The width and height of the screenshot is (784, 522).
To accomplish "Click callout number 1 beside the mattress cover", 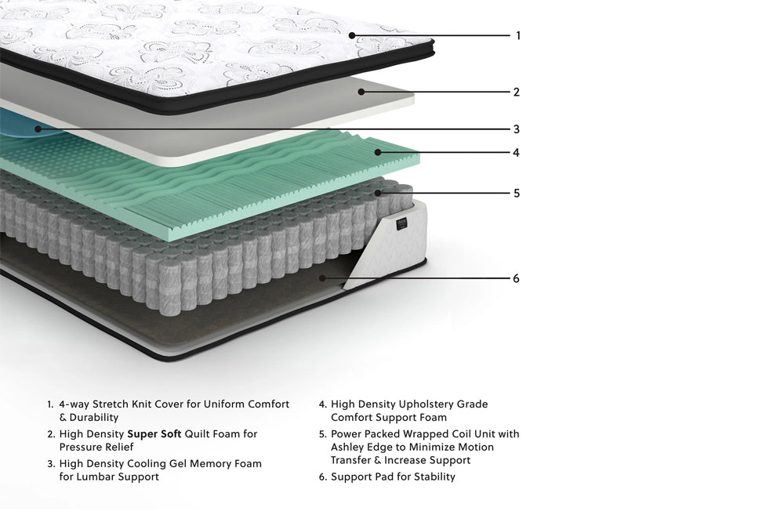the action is pos(518,35).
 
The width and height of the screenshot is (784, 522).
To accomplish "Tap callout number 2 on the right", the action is pos(517,92).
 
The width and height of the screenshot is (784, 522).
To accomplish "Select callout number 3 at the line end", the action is pos(517,129).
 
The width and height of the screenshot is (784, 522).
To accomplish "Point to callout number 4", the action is pos(517,153).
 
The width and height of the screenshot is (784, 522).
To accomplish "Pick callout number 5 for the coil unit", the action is pos(517,193).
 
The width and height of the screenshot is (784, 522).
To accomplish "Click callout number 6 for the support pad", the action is pos(517,278).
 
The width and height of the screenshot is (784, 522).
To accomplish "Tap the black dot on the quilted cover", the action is pos(352,35).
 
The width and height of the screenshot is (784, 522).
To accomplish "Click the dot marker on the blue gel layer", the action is pos(38,129).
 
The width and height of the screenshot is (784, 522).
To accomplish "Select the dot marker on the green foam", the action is pos(378,153).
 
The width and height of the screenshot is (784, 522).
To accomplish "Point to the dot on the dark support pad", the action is pos(322,278).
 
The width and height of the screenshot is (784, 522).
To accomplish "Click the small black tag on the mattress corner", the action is pos(401,223).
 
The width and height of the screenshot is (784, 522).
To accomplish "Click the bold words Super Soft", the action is pos(154,434).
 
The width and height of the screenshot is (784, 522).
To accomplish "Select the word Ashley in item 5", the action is pos(348,447).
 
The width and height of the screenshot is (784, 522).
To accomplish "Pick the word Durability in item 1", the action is pos(94,417).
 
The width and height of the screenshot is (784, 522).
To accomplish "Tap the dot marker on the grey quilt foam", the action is pos(361,92).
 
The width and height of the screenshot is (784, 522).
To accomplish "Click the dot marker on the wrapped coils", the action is pos(378,193).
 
